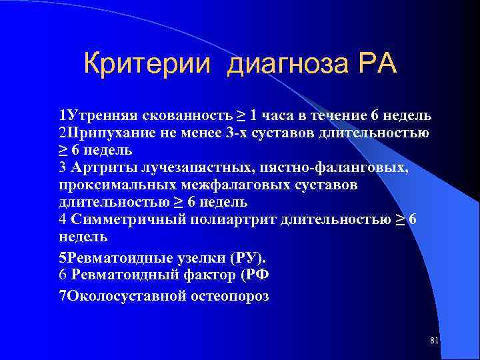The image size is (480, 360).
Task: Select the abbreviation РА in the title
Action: pyautogui.click(x=377, y=65)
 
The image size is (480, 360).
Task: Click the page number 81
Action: pyautogui.click(x=434, y=341)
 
